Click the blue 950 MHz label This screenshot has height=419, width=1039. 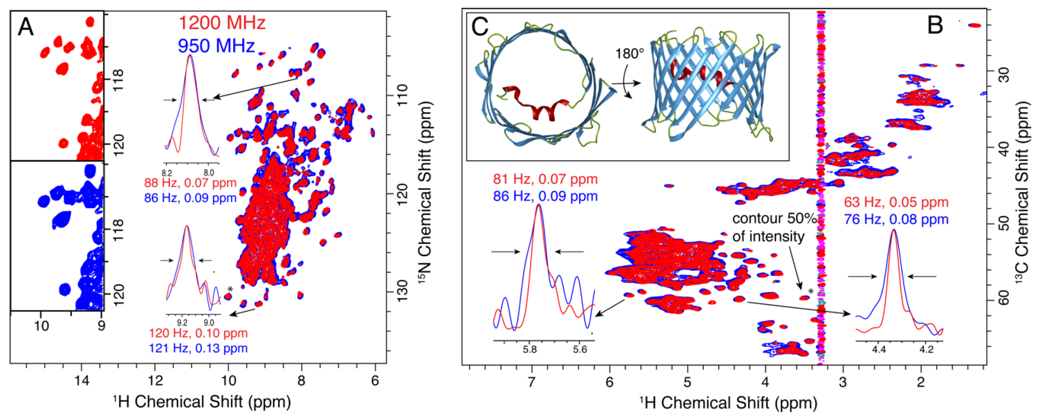pos(217,45)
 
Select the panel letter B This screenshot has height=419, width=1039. pos(935,25)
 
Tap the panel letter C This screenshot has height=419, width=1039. pos(480,27)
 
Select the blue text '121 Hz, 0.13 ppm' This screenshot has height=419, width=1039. pos(198,348)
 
